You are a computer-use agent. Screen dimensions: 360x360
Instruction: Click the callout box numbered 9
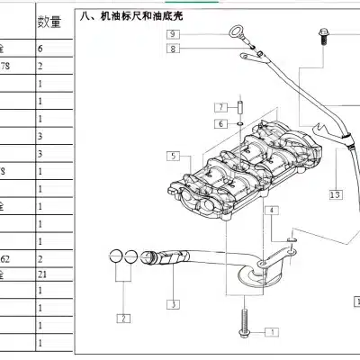[174, 34]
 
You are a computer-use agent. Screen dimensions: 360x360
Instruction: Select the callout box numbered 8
[174, 49]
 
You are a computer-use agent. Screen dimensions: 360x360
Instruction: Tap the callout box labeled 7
[220, 105]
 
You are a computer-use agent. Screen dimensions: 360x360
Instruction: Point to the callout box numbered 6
[220, 121]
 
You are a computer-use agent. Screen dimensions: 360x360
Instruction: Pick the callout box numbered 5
[172, 157]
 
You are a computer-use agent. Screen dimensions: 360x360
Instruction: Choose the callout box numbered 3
[172, 305]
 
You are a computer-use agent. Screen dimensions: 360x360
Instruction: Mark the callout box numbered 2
[121, 318]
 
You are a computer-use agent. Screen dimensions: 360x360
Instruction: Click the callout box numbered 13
[335, 193]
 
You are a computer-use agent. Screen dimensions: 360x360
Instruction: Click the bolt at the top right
[322, 37]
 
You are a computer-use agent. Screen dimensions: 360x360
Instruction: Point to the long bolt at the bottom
[243, 324]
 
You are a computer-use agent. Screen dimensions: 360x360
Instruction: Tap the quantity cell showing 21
[42, 273]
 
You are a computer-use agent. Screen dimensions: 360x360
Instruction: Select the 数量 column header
[49, 22]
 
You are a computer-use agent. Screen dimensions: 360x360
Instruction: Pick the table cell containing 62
[8, 257]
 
